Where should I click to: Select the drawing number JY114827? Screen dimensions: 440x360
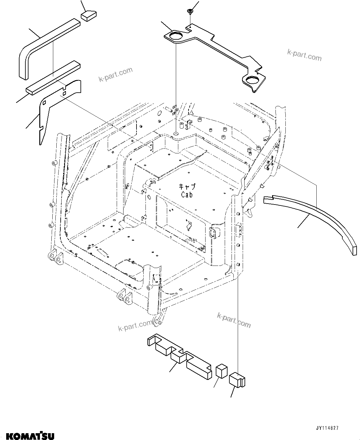tap(327, 428)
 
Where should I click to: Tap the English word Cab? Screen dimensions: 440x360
tap(187, 195)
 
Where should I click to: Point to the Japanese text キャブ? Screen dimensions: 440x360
tap(187, 187)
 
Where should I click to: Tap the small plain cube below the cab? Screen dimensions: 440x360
tap(221, 371)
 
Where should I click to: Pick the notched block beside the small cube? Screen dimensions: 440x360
tap(237, 380)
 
